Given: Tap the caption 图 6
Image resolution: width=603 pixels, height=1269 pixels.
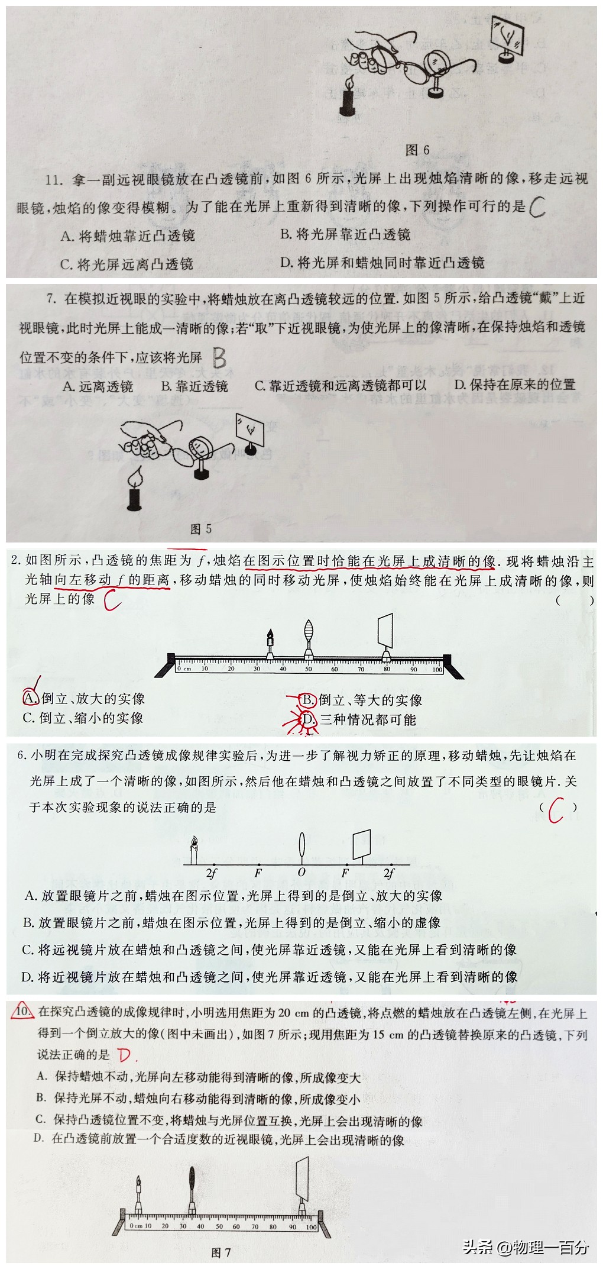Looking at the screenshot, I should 417,150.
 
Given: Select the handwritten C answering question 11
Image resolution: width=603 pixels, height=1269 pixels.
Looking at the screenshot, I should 538,206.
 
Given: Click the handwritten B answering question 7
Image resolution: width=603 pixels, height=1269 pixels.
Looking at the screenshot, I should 219,357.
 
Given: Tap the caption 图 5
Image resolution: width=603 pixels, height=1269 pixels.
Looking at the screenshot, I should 201,528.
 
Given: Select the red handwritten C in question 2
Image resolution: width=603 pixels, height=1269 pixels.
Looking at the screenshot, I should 112,601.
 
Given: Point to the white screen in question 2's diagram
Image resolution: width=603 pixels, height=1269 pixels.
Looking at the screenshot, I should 385,631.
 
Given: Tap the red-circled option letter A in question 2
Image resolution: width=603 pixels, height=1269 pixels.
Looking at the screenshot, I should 30,698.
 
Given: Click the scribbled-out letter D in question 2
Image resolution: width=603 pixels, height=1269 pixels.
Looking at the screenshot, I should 308,720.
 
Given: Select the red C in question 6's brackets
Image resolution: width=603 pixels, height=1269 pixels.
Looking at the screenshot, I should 556,810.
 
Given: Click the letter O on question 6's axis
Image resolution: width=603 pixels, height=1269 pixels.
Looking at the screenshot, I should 301,873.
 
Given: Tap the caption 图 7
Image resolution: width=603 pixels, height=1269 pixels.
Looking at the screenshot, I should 221,1252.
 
